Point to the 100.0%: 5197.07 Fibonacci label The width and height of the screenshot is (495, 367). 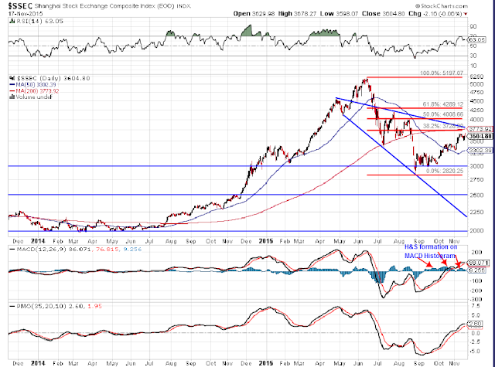pos(441,73)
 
